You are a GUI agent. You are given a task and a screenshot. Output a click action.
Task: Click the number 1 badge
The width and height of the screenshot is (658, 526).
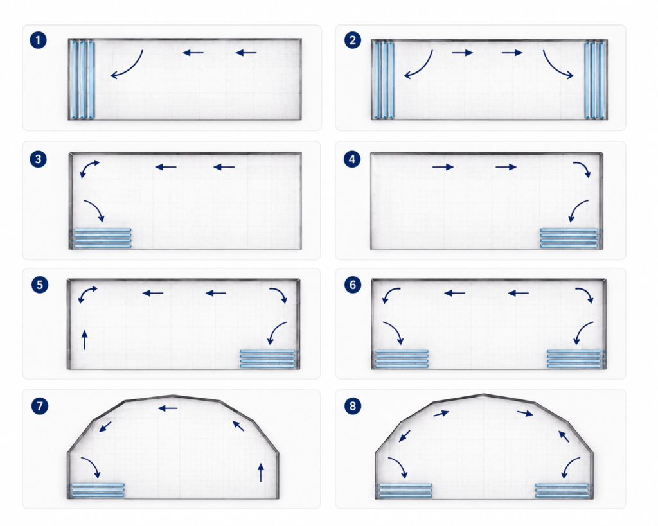(x=38, y=40)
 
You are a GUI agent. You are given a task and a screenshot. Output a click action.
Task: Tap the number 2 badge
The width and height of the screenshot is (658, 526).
(x=353, y=40)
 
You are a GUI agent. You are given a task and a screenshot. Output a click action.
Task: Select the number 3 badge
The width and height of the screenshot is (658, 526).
(x=38, y=159)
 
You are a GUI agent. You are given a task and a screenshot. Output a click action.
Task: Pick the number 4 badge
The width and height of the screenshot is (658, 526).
(x=352, y=159)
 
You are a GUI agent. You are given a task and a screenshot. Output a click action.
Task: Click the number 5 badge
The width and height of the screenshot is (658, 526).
(x=40, y=285)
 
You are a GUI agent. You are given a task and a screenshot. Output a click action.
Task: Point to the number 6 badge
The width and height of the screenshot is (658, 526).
(x=353, y=285)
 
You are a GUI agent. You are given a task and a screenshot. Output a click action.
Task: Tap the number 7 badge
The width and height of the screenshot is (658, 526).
(x=40, y=406)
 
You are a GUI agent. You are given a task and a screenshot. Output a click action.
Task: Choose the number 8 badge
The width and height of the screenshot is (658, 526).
(x=353, y=406)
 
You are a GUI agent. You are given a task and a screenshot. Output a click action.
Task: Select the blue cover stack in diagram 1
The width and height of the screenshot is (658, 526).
(x=82, y=80)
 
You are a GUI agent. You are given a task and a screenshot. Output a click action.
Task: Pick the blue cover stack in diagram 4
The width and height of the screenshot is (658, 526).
(x=569, y=238)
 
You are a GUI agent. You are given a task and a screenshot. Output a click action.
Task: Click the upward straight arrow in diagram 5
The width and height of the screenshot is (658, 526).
(x=85, y=340)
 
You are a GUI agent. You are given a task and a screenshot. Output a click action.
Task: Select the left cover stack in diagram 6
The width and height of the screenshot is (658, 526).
(x=402, y=358)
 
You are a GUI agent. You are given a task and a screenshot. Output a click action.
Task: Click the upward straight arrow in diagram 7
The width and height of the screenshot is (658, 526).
(x=261, y=472)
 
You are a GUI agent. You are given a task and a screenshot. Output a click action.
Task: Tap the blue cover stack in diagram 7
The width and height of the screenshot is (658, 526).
(x=98, y=490)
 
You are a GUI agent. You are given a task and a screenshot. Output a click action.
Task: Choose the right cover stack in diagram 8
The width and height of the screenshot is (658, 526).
(x=562, y=490)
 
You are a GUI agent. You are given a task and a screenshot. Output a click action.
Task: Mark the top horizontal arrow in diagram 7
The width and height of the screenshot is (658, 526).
(x=168, y=408)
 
